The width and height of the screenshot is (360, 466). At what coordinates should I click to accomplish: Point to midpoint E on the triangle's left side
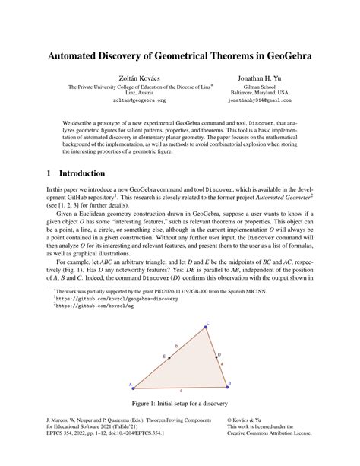[x=169, y=356]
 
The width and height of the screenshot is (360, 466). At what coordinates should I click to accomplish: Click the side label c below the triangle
[x=181, y=390]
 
